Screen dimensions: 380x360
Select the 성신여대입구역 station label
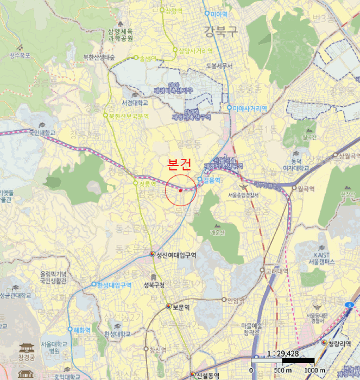pos(176,255)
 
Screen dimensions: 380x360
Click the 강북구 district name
pos(221,31)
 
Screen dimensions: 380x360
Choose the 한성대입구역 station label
pos(115,284)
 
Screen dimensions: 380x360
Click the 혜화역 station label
pos(82,329)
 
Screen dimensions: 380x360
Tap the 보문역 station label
pos(181,307)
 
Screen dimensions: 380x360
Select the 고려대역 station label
pos(276,270)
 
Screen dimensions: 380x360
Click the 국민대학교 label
pos(42,132)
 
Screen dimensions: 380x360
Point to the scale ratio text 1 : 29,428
pos(282,353)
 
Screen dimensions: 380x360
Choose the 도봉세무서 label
pos(219,66)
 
